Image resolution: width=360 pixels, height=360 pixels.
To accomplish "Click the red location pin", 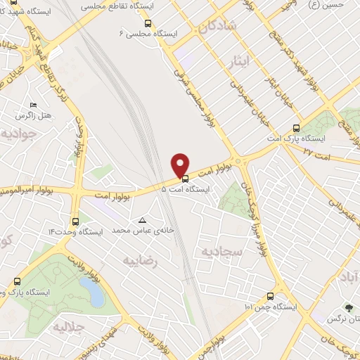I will [181, 165].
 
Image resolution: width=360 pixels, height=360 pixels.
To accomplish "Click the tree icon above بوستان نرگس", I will [347, 307].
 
